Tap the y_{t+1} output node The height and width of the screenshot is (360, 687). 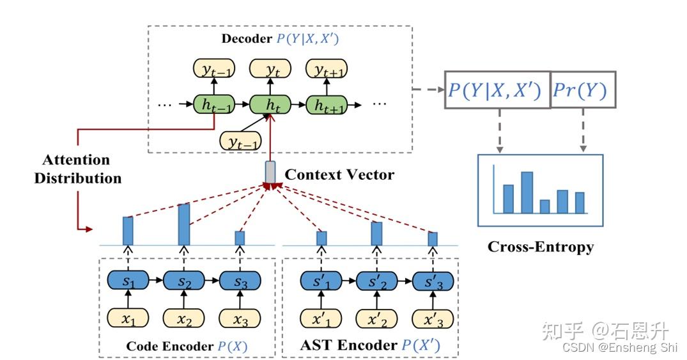pos(327,70)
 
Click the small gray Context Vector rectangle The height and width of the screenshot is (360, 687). pos(270,171)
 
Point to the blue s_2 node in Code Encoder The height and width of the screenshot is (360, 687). pos(184,281)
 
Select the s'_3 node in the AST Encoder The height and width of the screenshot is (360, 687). pos(433,281)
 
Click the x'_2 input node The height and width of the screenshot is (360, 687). pos(376,317)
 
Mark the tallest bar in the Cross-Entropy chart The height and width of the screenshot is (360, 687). pos(527,192)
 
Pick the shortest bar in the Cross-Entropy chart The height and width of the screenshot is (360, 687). pos(544,206)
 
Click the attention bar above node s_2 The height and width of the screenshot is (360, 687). pos(184,224)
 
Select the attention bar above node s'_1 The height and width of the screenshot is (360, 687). pos(322,238)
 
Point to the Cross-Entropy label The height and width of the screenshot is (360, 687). pos(540,246)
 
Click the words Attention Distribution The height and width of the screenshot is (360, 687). pos(77,169)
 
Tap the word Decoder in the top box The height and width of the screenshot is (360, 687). pos(246,38)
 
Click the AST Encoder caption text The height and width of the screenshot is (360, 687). pos(348,345)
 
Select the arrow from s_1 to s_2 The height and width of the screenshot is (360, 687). pos(156,281)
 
